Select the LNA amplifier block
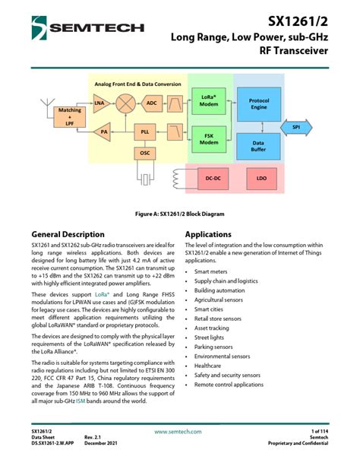(99, 102)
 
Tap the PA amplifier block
(104, 132)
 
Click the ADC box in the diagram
(151, 102)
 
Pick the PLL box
(144, 132)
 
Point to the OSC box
(144, 154)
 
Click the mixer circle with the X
(126, 102)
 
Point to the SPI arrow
(298, 127)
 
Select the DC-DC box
(212, 179)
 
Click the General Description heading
(68, 234)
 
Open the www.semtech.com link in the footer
(178, 431)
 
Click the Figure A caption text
(179, 215)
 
